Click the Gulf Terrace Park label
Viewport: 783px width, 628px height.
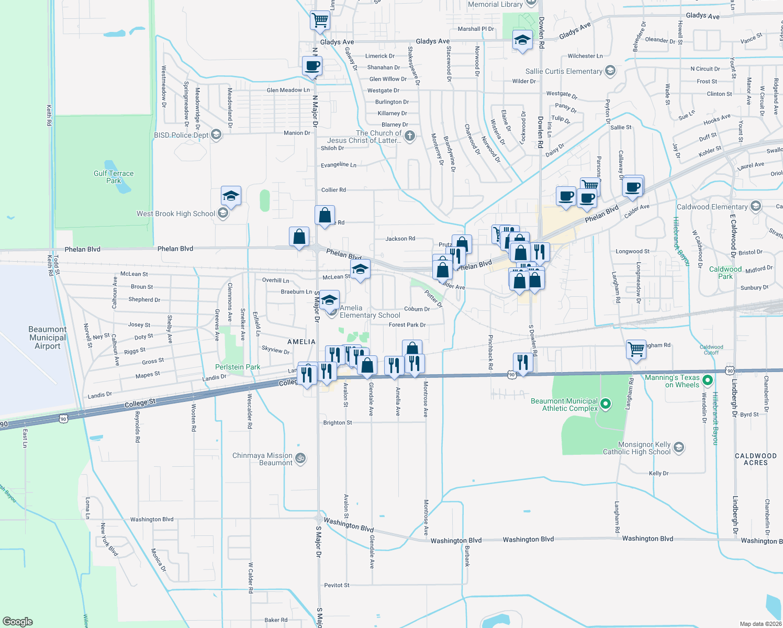[114, 177]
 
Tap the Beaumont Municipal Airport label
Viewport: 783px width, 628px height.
[47, 338]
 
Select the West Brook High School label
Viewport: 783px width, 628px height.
[175, 214]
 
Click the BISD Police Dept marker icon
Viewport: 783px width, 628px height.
[216, 134]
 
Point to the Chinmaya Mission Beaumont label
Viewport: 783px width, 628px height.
[262, 459]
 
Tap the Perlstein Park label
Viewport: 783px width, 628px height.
[238, 367]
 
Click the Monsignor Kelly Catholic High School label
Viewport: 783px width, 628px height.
[636, 448]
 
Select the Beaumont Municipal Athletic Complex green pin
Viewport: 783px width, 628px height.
[606, 403]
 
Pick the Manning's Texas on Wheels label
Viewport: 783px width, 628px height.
[672, 381]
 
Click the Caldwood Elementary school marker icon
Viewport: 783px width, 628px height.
[755, 206]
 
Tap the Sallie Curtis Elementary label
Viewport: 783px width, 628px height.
[564, 71]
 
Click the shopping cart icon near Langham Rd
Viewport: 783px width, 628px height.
[636, 349]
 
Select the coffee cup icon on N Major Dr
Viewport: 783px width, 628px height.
[312, 66]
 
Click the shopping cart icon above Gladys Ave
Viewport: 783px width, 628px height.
[320, 20]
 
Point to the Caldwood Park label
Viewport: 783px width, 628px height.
[725, 273]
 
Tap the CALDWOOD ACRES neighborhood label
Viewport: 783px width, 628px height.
[756, 459]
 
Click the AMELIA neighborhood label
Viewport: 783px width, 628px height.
[301, 342]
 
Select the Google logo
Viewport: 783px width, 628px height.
[18, 622]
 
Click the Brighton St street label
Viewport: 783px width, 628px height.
[338, 422]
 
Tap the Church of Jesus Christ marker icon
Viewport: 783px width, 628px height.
[410, 136]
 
